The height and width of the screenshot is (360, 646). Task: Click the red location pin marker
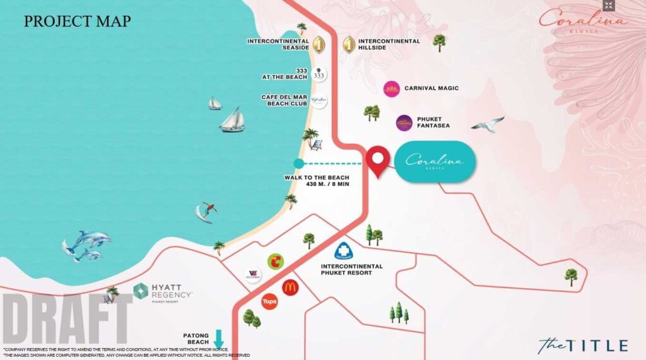(378, 160)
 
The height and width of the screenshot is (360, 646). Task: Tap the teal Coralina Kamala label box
(435, 162)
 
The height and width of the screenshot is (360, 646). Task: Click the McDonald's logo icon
(290, 287)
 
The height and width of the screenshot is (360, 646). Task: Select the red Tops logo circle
(269, 301)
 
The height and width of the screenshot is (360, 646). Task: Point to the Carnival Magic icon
(392, 89)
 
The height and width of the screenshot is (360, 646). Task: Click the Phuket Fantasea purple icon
(404, 123)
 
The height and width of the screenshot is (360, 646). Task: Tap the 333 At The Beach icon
(319, 75)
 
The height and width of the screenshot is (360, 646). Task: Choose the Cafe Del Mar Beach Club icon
(319, 101)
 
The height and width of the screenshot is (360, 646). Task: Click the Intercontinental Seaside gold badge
(319, 45)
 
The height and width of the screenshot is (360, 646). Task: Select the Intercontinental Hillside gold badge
(349, 45)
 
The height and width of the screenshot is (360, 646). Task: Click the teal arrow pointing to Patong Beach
(219, 339)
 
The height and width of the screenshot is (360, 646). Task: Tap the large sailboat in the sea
(232, 120)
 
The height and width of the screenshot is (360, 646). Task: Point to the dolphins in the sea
(87, 245)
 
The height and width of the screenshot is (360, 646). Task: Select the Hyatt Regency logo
(163, 293)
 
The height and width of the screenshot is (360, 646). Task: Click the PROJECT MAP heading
(77, 21)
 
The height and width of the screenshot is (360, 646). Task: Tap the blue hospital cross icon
(344, 251)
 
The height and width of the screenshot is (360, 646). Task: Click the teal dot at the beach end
(298, 164)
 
